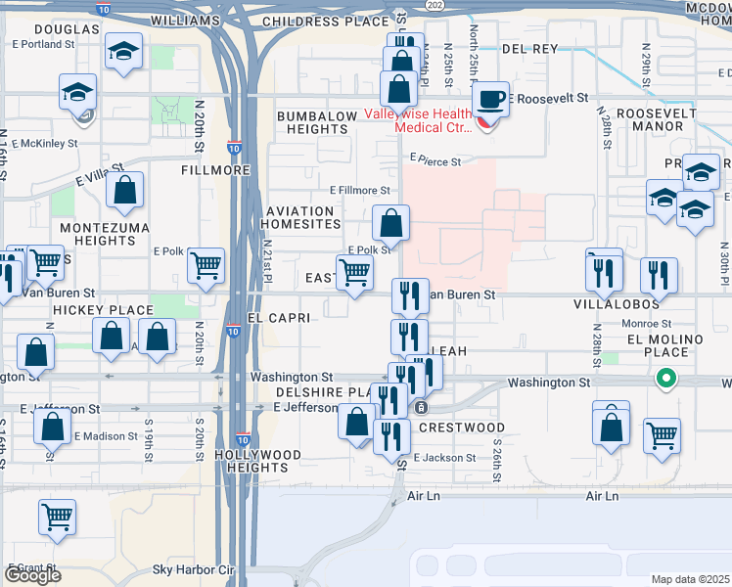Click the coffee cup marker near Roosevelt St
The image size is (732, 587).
[x=491, y=99]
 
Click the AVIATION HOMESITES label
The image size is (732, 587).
[x=303, y=218]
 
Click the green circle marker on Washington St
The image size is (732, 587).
[x=666, y=377]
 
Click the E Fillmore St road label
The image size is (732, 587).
[x=360, y=190]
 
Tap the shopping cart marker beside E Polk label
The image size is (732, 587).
[x=206, y=264]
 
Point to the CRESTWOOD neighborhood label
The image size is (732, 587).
[x=461, y=428]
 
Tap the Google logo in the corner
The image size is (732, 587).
[x=32, y=575]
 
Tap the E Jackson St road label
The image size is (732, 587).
[x=444, y=457]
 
